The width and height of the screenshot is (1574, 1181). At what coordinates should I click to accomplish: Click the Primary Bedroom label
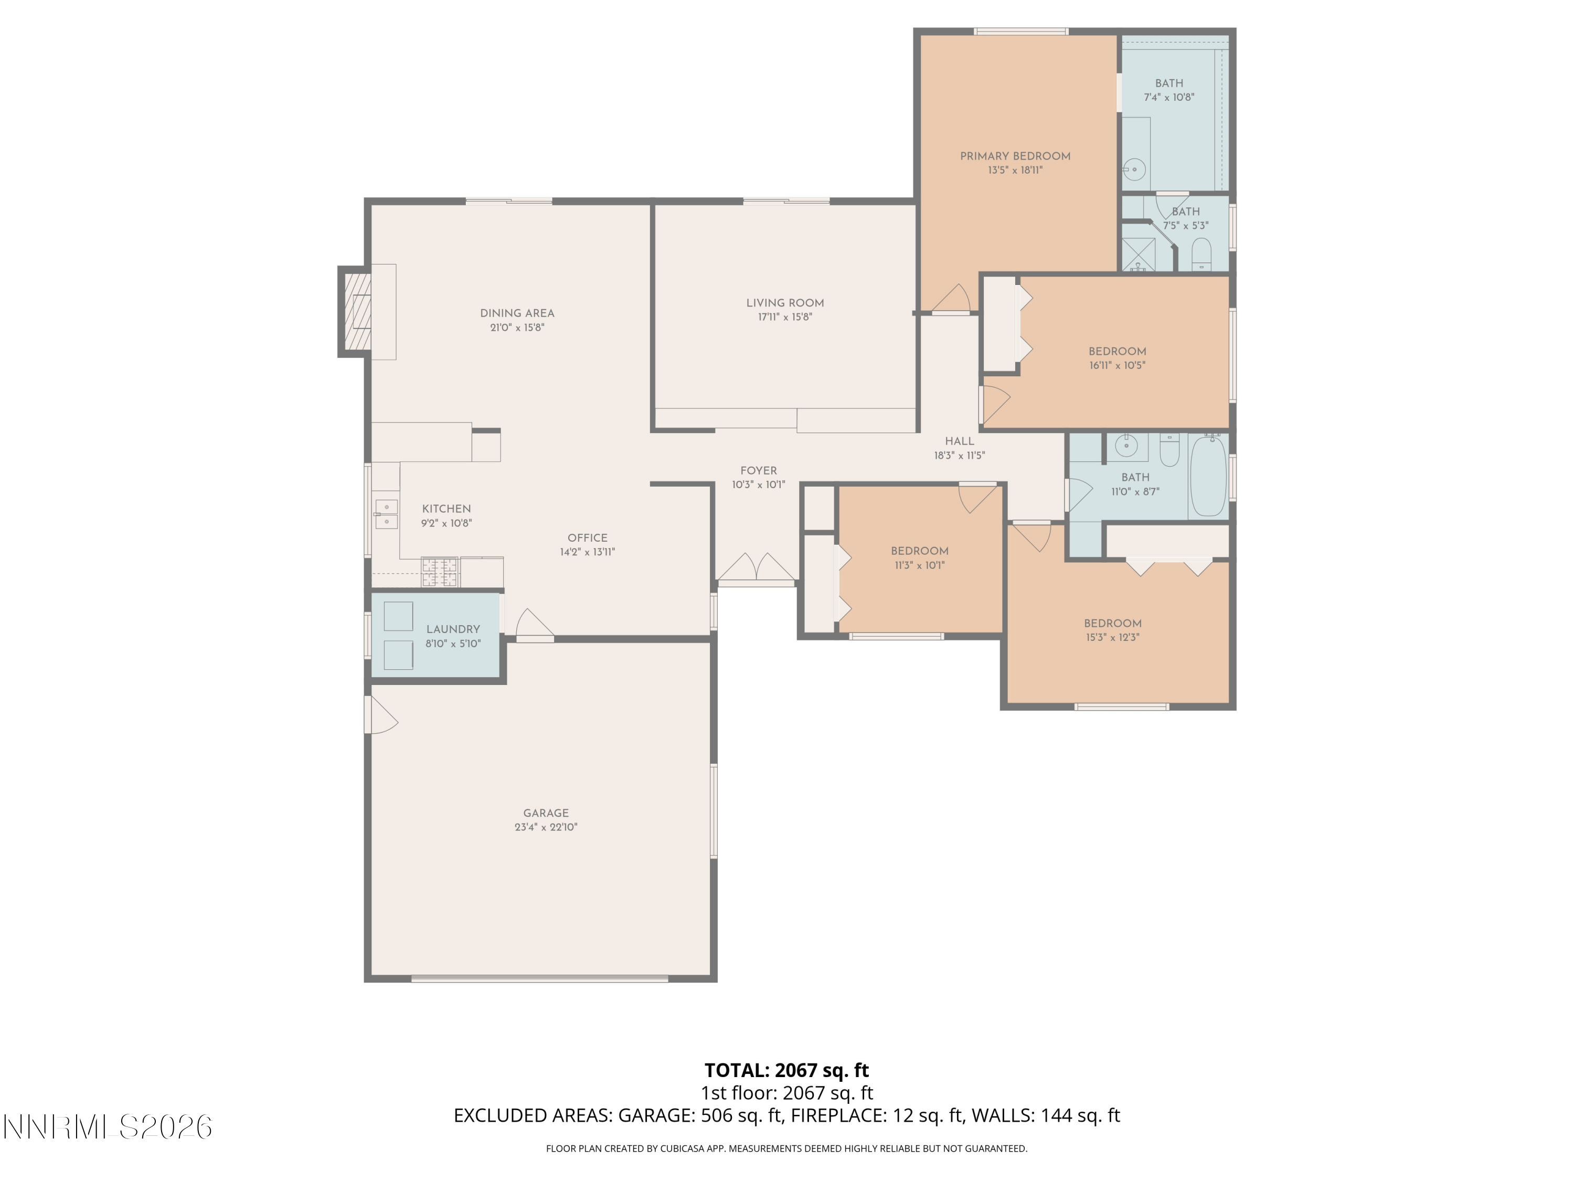[1015, 156]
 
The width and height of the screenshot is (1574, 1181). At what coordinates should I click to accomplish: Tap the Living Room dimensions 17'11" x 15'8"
[785, 318]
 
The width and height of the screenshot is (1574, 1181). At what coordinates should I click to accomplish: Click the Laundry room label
[453, 629]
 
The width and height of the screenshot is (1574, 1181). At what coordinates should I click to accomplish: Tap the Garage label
[546, 813]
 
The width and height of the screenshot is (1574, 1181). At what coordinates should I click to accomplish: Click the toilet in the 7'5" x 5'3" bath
[1201, 254]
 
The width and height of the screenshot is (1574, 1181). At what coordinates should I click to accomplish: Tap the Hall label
[959, 441]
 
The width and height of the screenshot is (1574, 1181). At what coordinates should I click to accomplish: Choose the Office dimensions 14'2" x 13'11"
[587, 552]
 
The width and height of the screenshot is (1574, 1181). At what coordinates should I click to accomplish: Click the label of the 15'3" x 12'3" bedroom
[1112, 624]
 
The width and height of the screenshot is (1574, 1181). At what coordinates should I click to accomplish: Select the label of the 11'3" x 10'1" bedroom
[919, 551]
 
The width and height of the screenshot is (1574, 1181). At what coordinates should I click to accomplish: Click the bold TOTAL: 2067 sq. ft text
[786, 1070]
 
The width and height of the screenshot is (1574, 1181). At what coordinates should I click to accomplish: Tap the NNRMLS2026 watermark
[108, 1127]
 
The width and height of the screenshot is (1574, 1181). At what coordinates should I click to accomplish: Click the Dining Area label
[517, 313]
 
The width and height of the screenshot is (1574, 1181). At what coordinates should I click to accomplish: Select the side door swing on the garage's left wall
[381, 715]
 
